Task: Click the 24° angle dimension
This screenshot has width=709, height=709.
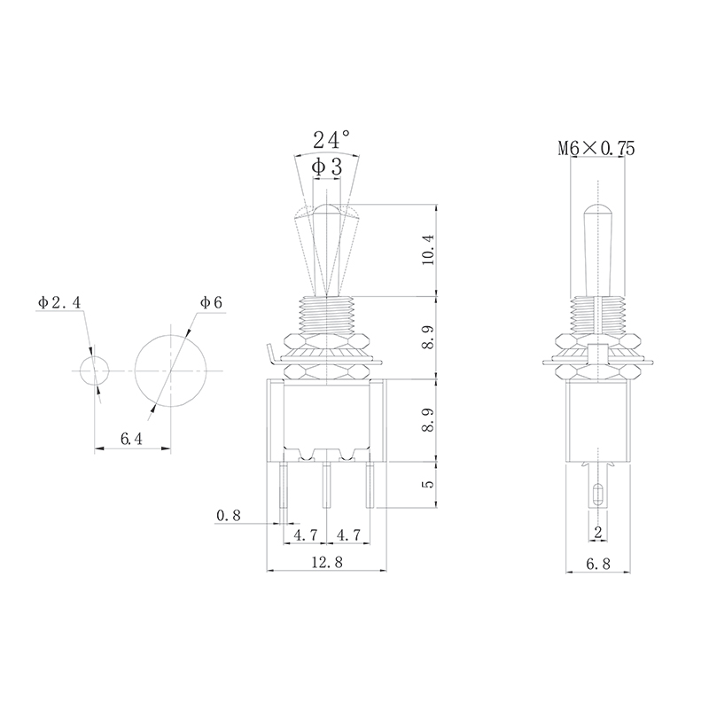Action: [331, 140]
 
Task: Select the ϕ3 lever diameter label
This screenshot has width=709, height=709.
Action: [326, 168]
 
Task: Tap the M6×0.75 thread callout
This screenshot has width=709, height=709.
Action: [596, 148]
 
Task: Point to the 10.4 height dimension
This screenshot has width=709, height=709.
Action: [428, 250]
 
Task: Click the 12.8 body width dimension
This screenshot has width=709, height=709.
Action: [327, 562]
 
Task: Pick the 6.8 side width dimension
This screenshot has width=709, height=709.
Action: [598, 564]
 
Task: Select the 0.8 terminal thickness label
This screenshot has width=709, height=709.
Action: [229, 515]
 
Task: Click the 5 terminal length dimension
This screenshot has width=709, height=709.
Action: [428, 483]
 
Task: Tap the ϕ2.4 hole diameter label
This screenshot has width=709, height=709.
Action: [59, 302]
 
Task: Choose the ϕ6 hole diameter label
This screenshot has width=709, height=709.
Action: [211, 302]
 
